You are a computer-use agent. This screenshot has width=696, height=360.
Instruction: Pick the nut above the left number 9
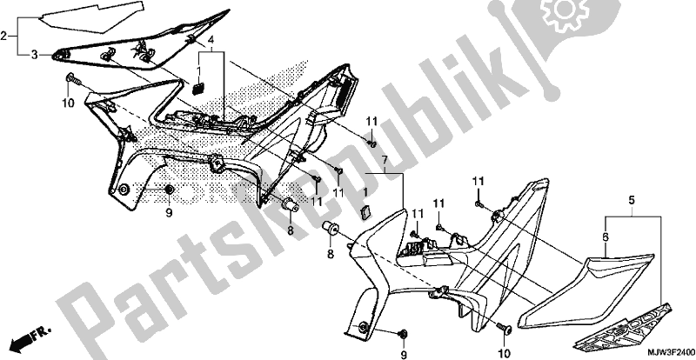[x=170, y=190]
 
